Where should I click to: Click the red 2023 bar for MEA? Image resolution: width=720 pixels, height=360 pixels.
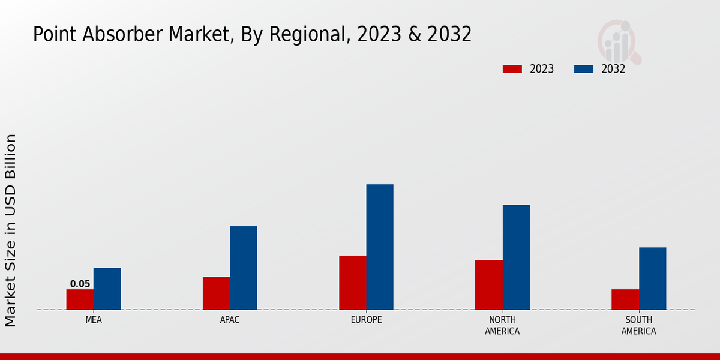point(80,299)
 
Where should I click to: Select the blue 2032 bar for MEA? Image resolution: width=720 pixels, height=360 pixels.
point(107,289)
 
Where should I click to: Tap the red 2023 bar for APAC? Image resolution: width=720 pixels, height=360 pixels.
point(216,293)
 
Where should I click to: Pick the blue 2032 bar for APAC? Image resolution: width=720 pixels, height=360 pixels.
point(243,268)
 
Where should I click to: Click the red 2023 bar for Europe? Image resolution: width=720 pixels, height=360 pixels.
point(352,283)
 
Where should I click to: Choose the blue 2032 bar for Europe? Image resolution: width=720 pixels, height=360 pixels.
point(380,247)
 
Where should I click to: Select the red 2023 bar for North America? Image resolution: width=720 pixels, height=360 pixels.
point(488,284)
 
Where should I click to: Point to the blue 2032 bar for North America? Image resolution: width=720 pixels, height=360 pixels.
point(516,257)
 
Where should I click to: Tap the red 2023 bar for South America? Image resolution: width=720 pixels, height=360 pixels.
point(625,299)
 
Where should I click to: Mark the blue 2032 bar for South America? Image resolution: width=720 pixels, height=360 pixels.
point(652,278)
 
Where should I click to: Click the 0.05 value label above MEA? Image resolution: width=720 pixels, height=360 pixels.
point(80,284)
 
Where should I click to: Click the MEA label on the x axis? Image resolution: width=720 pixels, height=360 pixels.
point(94,320)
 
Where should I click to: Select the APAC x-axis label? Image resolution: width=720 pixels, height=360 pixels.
point(230,320)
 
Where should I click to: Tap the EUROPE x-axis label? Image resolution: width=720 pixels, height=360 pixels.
point(366,320)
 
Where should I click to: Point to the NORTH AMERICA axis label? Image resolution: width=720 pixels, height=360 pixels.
point(502,325)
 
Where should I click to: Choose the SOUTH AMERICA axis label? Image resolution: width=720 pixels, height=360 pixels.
point(638,325)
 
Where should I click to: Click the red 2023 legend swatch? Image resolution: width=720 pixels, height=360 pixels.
point(512,69)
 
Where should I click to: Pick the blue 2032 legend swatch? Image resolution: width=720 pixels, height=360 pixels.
point(583,69)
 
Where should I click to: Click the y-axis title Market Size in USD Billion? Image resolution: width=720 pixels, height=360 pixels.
point(11,230)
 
